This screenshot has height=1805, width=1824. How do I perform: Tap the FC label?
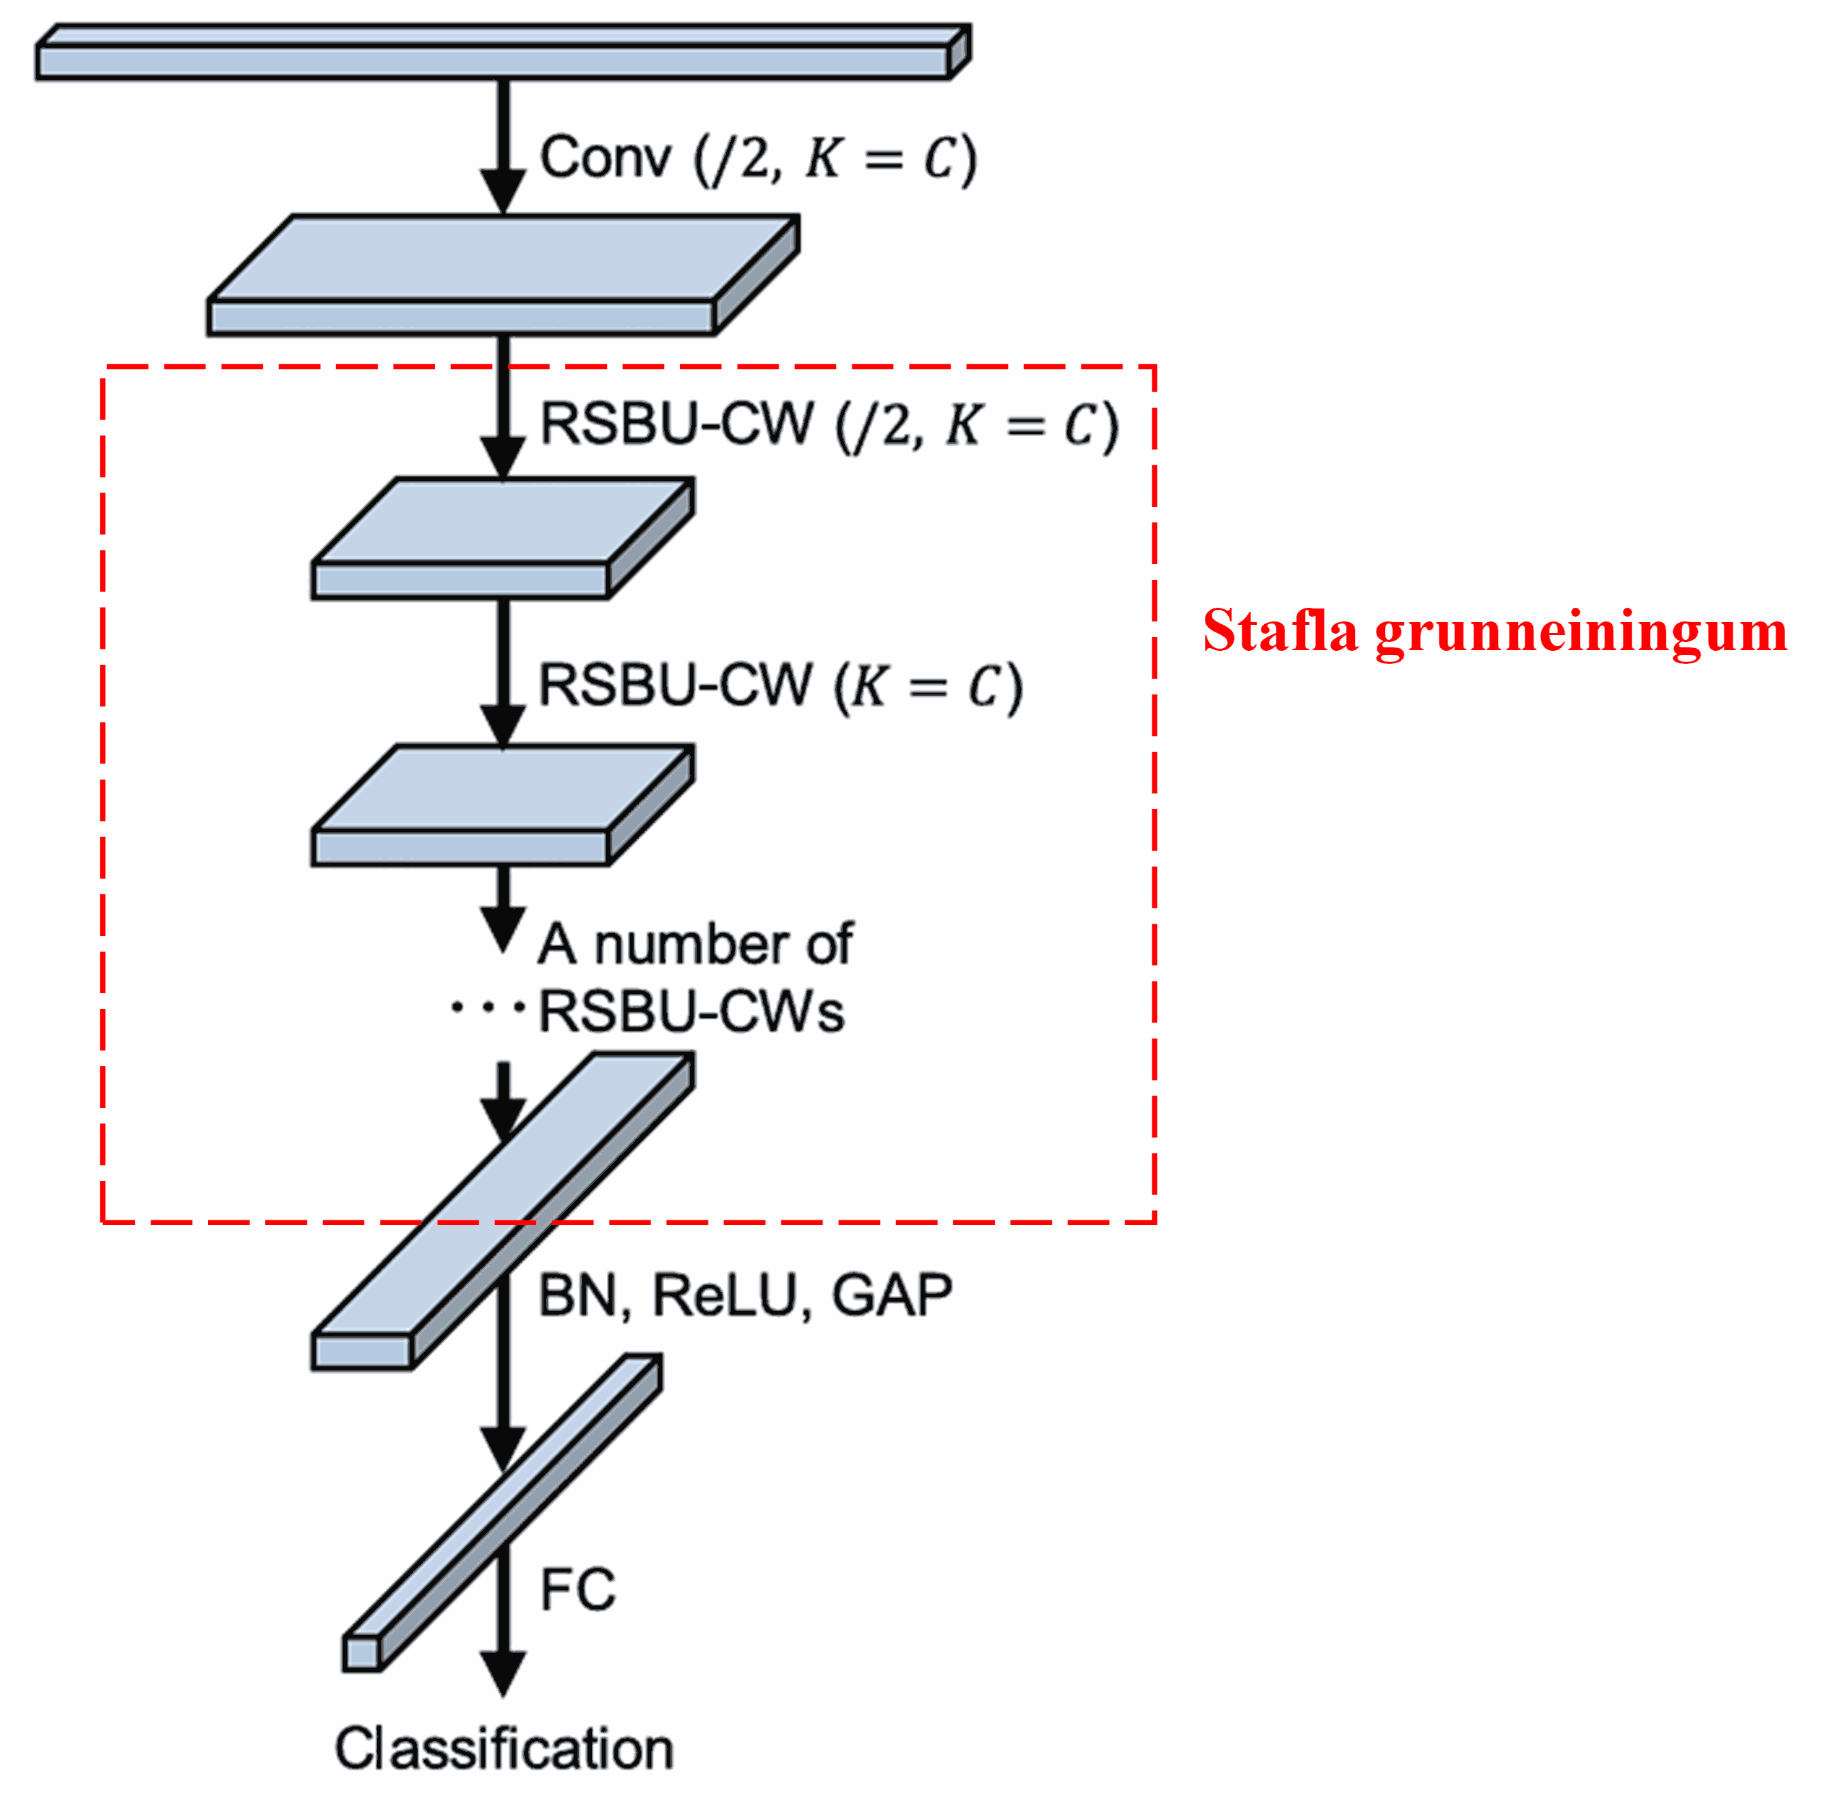[577, 1589]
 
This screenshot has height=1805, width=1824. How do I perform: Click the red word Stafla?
[1279, 631]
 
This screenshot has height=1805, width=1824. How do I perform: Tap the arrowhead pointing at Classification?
[503, 1673]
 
